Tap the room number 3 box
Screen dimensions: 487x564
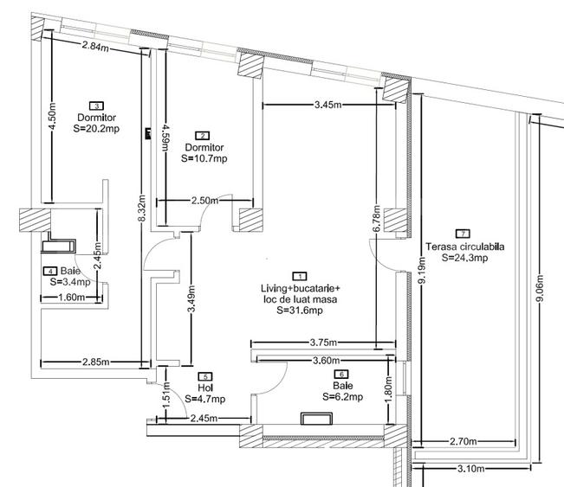pyautogui.click(x=97, y=106)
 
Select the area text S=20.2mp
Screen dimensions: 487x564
pyautogui.click(x=97, y=128)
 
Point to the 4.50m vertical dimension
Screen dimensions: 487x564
pyautogui.click(x=53, y=116)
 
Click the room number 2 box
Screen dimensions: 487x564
pyautogui.click(x=203, y=136)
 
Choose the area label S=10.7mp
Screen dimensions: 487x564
pyautogui.click(x=204, y=158)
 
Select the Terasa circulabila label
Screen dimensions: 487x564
pyautogui.click(x=464, y=246)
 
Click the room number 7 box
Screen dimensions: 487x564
pyautogui.click(x=464, y=234)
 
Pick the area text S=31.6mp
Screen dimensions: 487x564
pyautogui.click(x=300, y=311)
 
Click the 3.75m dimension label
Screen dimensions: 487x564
pyautogui.click(x=323, y=341)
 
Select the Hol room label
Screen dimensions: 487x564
pyautogui.click(x=204, y=388)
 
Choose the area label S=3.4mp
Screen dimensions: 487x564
pyautogui.click(x=68, y=282)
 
